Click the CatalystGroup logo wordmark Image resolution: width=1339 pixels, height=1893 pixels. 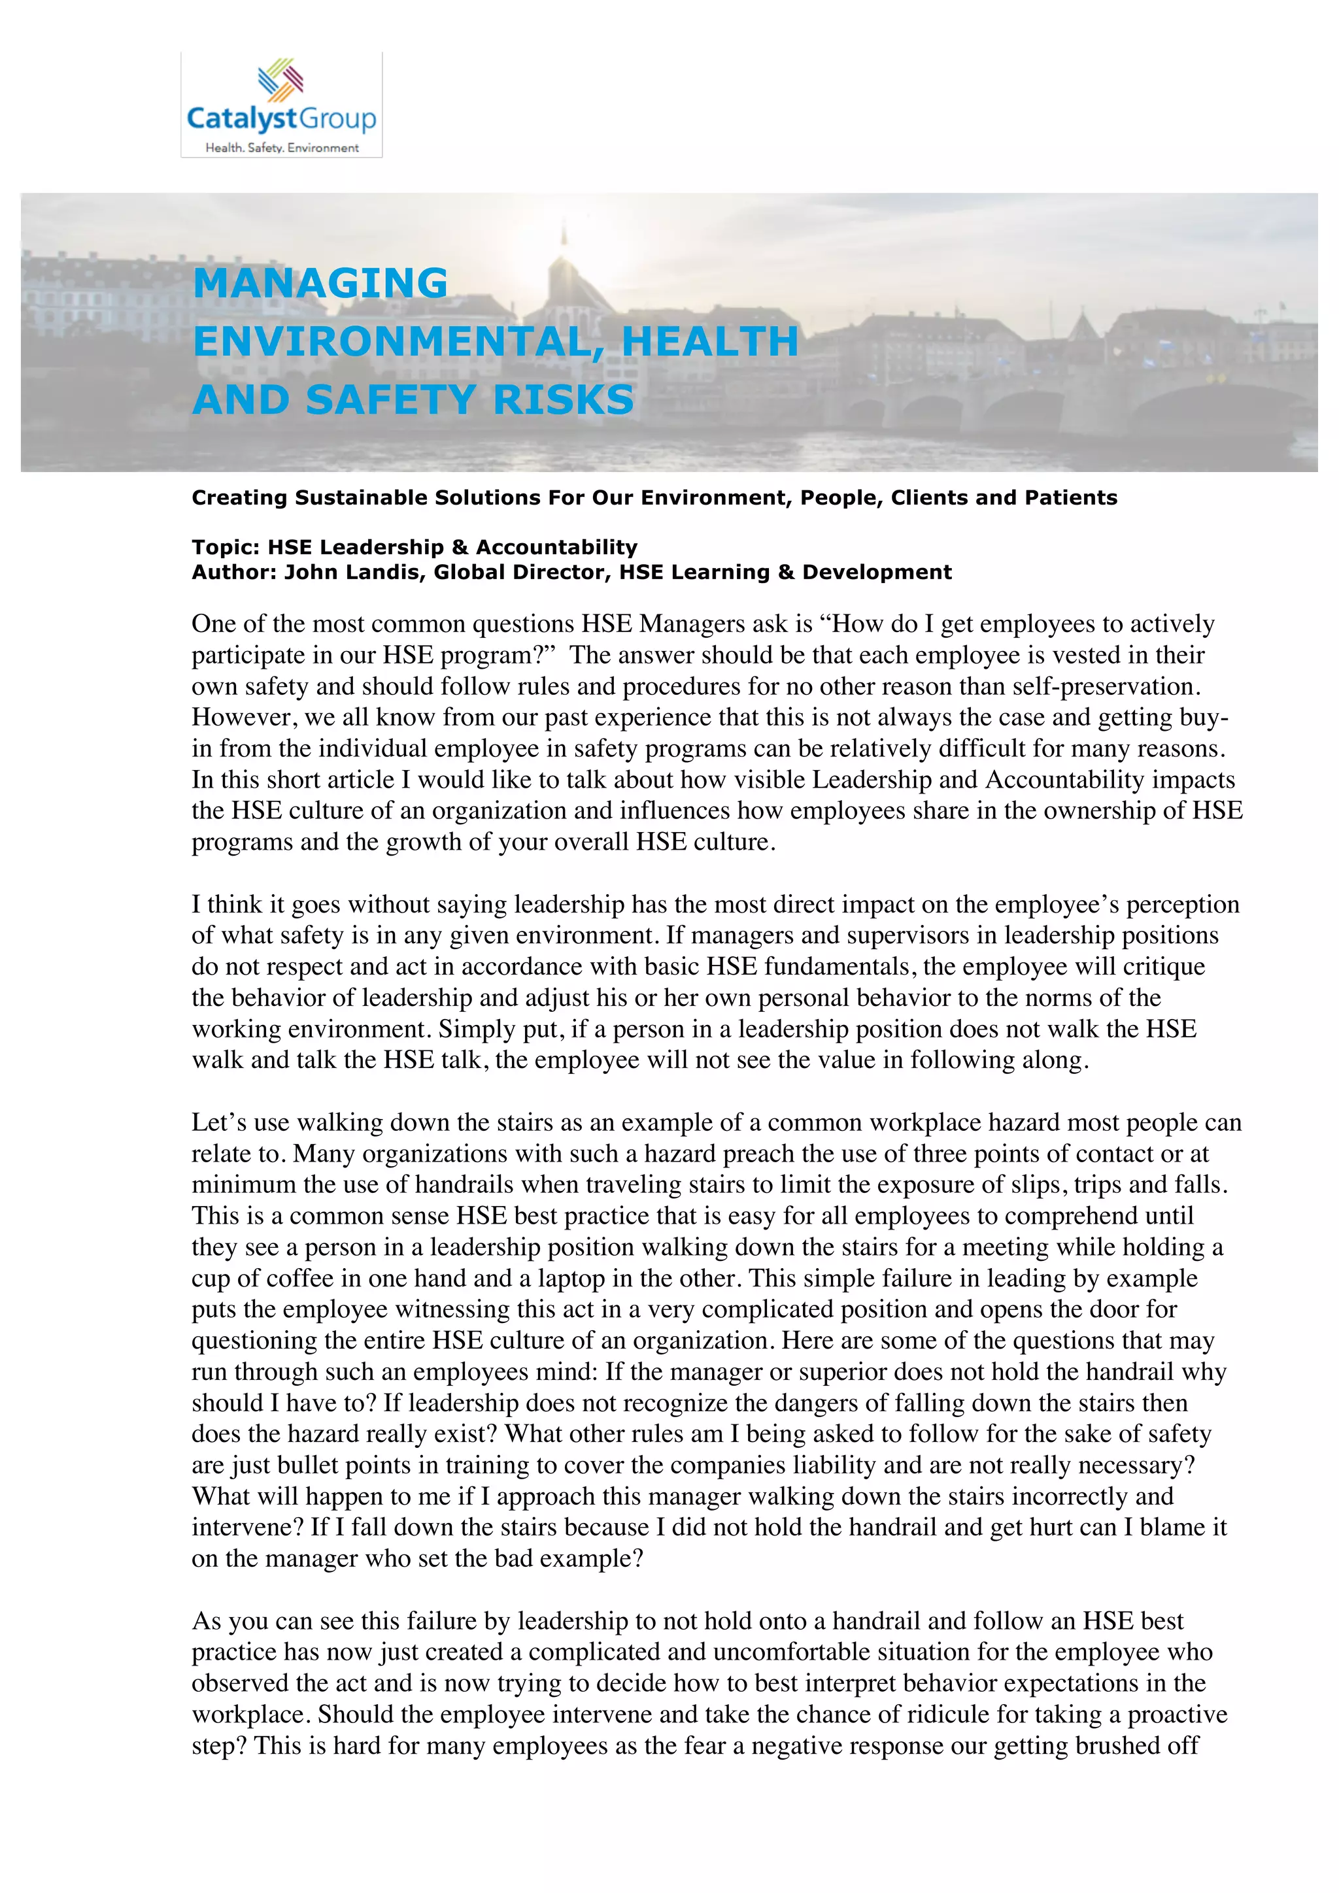click(x=281, y=119)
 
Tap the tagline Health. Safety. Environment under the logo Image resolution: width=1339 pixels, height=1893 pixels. click(x=281, y=148)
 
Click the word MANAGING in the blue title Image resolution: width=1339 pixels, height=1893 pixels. click(x=320, y=284)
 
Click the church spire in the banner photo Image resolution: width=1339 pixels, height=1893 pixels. click(x=564, y=239)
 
